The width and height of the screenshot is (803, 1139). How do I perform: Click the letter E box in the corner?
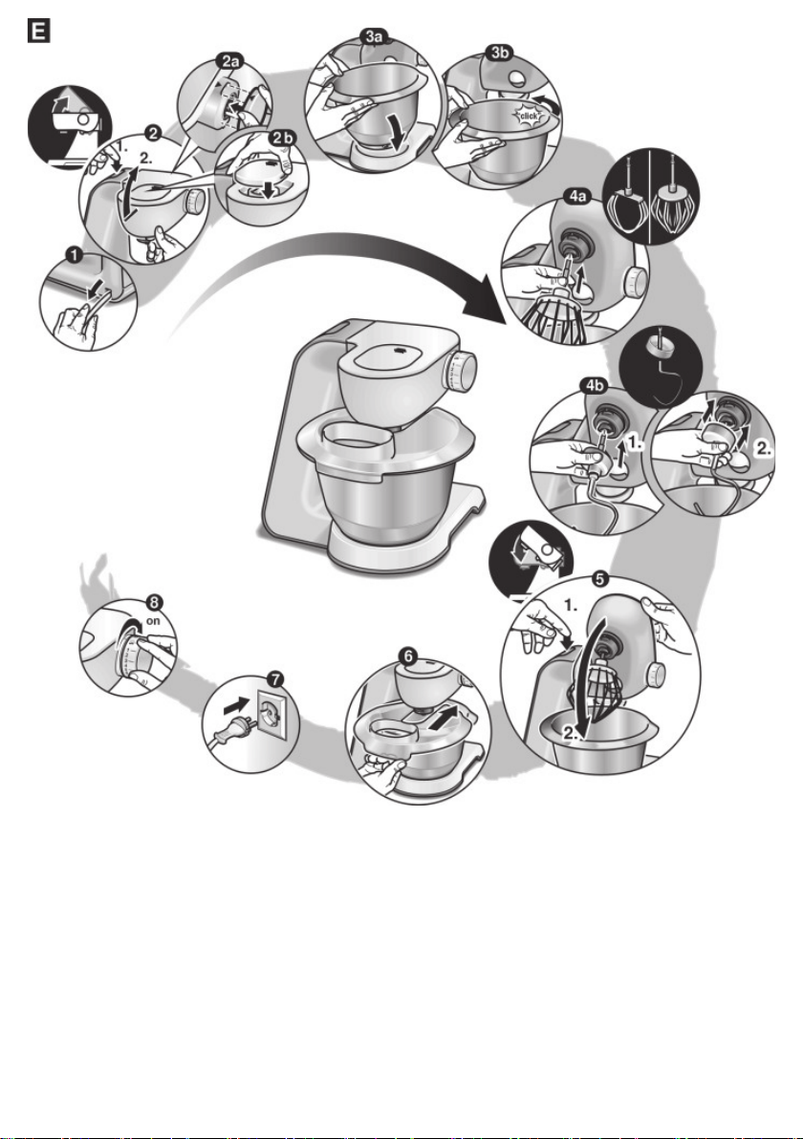click(x=38, y=32)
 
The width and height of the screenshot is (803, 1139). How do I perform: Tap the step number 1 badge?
click(x=74, y=253)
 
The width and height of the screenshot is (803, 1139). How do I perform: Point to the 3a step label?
click(x=375, y=34)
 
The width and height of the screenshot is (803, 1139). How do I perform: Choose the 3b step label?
click(x=500, y=53)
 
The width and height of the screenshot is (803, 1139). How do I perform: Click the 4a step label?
click(x=577, y=197)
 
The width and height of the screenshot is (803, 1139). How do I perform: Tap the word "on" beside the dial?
click(x=153, y=621)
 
